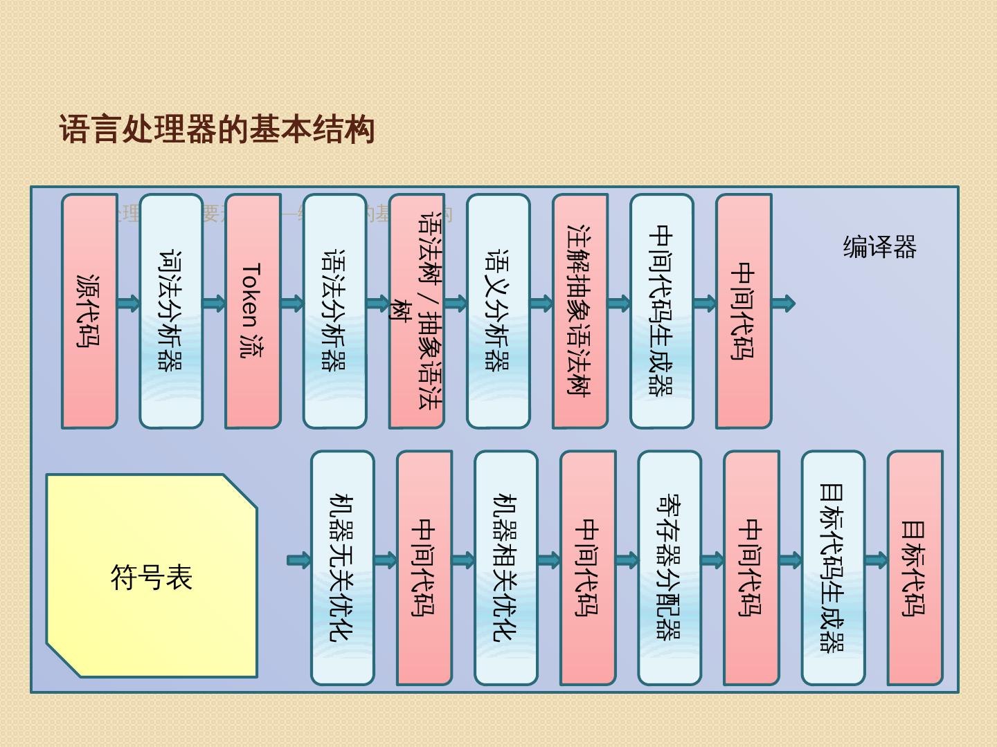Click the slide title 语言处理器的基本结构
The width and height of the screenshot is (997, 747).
pyautogui.click(x=217, y=130)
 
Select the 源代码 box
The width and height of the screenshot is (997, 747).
pyautogui.click(x=89, y=311)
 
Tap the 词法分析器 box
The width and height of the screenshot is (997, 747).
pyautogui.click(x=171, y=311)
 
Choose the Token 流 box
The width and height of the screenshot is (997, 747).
pyautogui.click(x=253, y=311)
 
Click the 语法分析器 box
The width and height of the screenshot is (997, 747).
pyautogui.click(x=334, y=311)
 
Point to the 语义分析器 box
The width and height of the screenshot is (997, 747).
pyautogui.click(x=498, y=311)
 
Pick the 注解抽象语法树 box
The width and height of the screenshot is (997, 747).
pyautogui.click(x=580, y=311)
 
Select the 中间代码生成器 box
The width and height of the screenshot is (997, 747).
pyautogui.click(x=661, y=311)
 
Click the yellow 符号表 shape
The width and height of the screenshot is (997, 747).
pyautogui.click(x=151, y=575)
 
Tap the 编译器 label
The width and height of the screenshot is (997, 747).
pyautogui.click(x=879, y=247)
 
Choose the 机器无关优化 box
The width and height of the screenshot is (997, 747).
pyautogui.click(x=342, y=568)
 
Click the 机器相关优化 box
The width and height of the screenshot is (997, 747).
pyautogui.click(x=505, y=568)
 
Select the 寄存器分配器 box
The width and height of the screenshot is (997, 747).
pyautogui.click(x=669, y=568)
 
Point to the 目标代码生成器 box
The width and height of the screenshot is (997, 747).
pyautogui.click(x=833, y=568)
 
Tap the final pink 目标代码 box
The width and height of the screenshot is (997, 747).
pyautogui.click(x=915, y=568)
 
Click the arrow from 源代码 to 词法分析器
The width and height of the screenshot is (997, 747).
pyautogui.click(x=129, y=303)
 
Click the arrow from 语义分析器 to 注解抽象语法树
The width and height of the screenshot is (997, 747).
pyautogui.click(x=541, y=303)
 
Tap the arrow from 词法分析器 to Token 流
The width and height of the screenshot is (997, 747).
pyautogui.click(x=214, y=303)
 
